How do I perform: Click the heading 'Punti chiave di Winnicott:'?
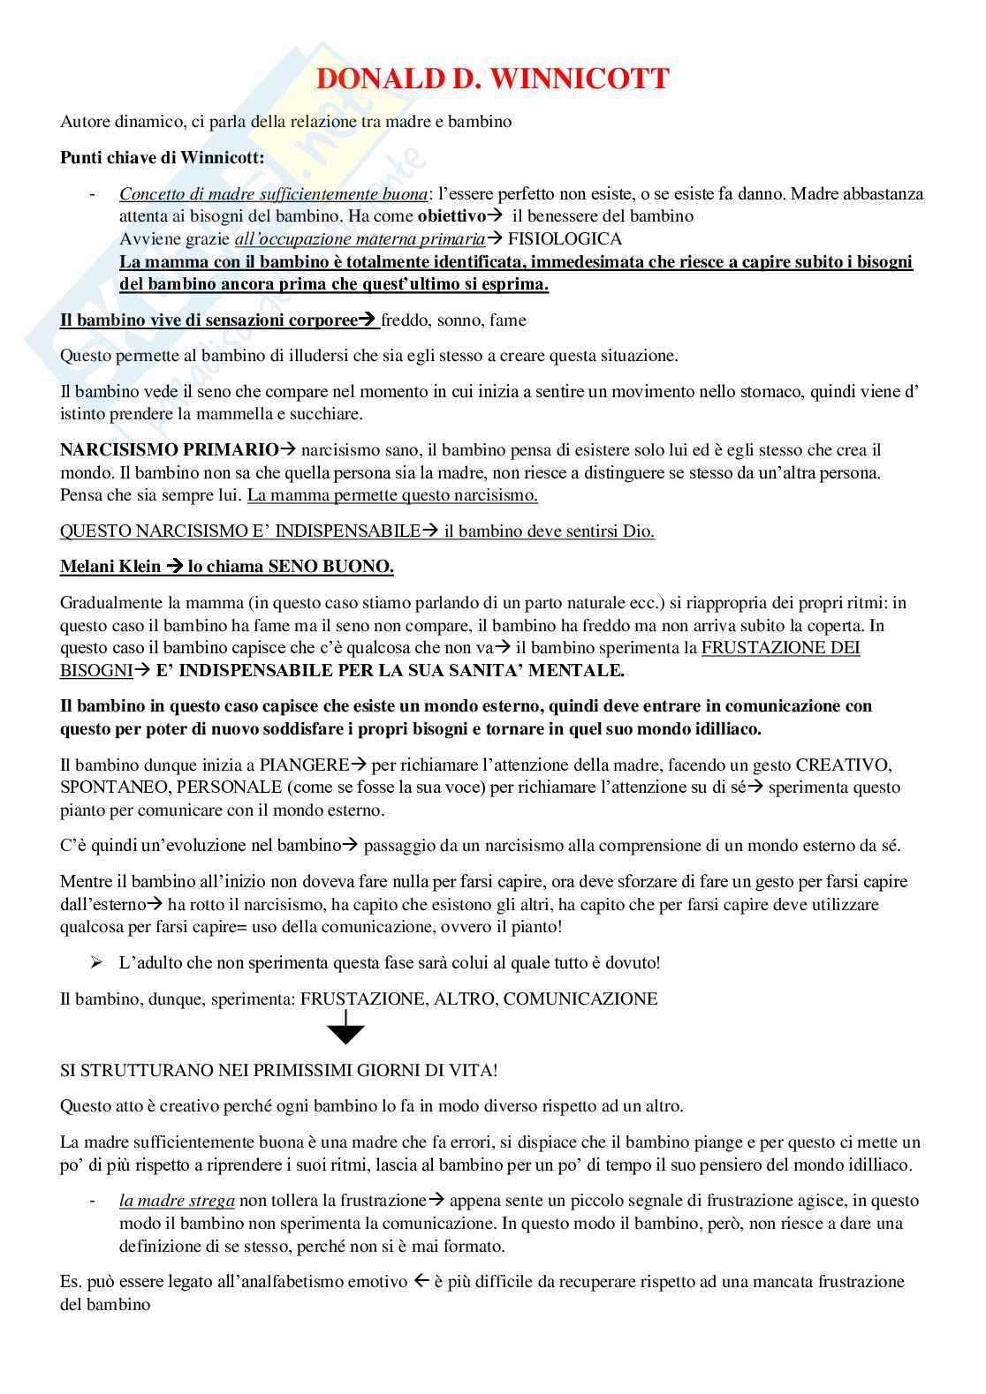(162, 158)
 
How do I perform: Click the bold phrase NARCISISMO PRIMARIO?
(169, 450)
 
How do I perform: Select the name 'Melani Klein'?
(110, 567)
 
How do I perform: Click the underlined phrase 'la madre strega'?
(177, 1201)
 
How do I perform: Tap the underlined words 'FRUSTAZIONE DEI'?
(780, 648)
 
